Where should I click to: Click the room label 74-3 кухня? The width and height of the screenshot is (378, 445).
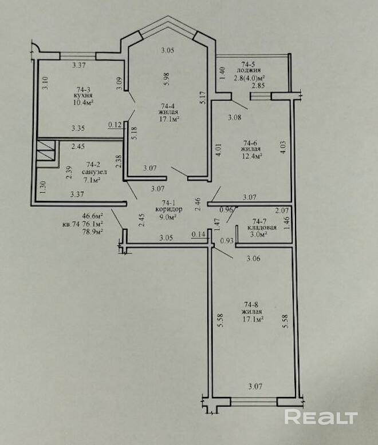tap(82, 92)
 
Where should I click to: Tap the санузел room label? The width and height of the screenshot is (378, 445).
tap(94, 172)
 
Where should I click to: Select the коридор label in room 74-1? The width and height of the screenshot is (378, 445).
tap(169, 209)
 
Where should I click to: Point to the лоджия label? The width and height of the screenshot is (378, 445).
tap(249, 70)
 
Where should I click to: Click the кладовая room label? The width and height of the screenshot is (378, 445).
tap(262, 228)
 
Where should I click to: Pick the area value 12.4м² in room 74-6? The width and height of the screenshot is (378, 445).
tap(251, 156)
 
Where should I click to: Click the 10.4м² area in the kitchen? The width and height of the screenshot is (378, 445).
tap(84, 102)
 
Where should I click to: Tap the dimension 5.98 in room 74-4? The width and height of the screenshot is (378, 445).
tap(167, 80)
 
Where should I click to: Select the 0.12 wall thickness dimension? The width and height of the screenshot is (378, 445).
tap(115, 124)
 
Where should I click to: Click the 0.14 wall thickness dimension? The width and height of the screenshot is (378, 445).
tap(198, 234)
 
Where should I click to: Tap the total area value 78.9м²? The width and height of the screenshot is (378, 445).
tap(92, 231)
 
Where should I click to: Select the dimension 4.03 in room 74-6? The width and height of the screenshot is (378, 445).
tap(283, 148)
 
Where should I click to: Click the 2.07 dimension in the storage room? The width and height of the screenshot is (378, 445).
tap(282, 210)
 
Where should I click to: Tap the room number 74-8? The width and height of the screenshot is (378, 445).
tap(251, 305)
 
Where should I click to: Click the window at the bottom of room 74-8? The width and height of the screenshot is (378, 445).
tap(254, 402)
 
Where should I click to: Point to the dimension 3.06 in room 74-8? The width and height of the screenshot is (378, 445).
tap(254, 259)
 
